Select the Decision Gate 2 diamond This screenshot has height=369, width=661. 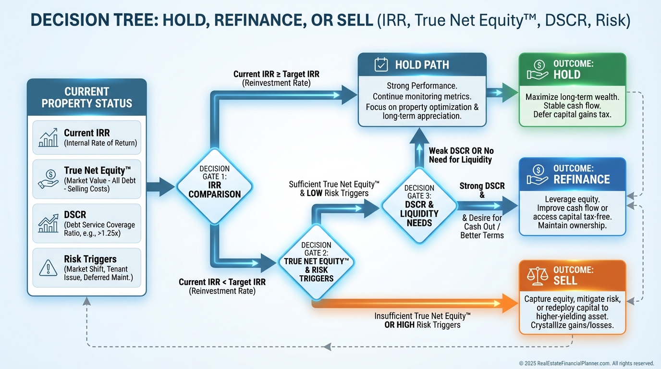pos(316,262)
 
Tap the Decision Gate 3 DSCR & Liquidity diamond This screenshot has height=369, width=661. pos(419,206)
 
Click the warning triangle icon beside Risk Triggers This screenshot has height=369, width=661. pos(48,268)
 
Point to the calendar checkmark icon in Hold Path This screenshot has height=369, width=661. pos(381,65)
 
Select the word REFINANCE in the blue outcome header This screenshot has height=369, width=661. pos(581,180)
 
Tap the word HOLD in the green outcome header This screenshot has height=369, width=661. pos(567,75)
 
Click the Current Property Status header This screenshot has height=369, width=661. pos(87,97)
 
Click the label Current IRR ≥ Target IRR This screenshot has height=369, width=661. pos(276,74)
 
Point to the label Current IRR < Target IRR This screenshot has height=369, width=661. pos(222,282)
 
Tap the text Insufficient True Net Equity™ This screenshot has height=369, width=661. pos(422,316)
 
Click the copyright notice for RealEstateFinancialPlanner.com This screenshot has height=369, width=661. pos(587,363)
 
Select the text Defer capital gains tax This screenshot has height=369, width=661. pos(572,114)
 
